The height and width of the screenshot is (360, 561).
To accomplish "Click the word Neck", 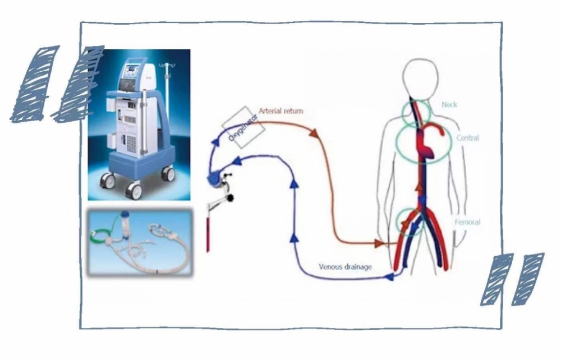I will pyautogui.click(x=450, y=105).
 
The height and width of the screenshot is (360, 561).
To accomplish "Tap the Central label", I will pyautogui.click(x=467, y=138).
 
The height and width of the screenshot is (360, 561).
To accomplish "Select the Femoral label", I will pyautogui.click(x=467, y=223).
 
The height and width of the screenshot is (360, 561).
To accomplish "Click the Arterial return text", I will pyautogui.click(x=280, y=111).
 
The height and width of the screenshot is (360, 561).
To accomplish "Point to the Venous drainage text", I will pyautogui.click(x=345, y=267).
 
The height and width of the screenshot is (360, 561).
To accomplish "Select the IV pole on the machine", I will pyautogui.click(x=166, y=90).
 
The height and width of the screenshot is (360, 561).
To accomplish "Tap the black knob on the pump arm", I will pyautogui.click(x=230, y=197).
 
